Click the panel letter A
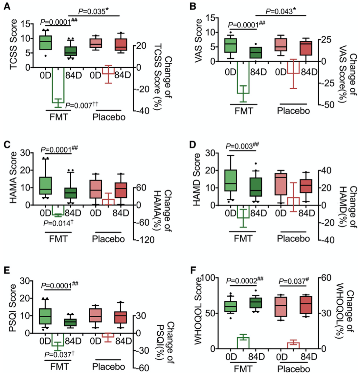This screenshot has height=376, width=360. pyautogui.click(x=6, y=6)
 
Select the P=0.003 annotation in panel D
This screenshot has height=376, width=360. pyautogui.click(x=240, y=146)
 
